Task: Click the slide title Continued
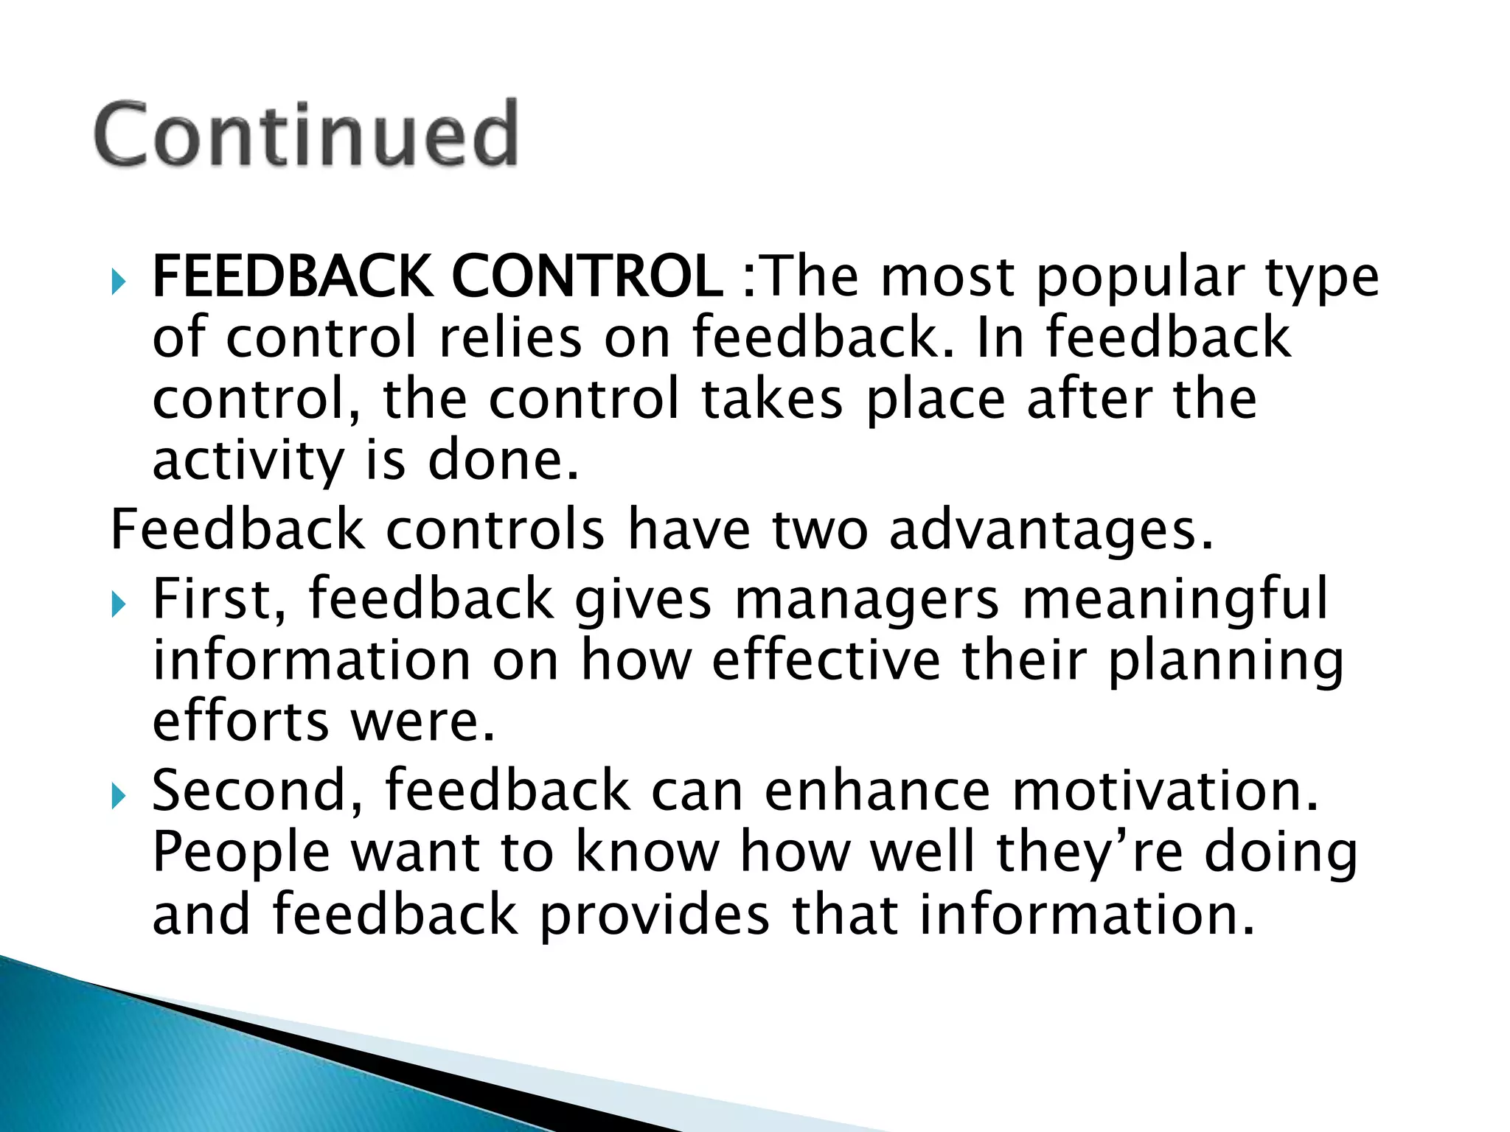tap(306, 135)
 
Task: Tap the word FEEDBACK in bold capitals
tap(292, 276)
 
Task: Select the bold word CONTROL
tap(586, 276)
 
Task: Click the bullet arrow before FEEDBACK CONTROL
tap(119, 281)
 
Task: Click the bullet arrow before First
tap(119, 605)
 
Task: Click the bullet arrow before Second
tap(119, 796)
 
